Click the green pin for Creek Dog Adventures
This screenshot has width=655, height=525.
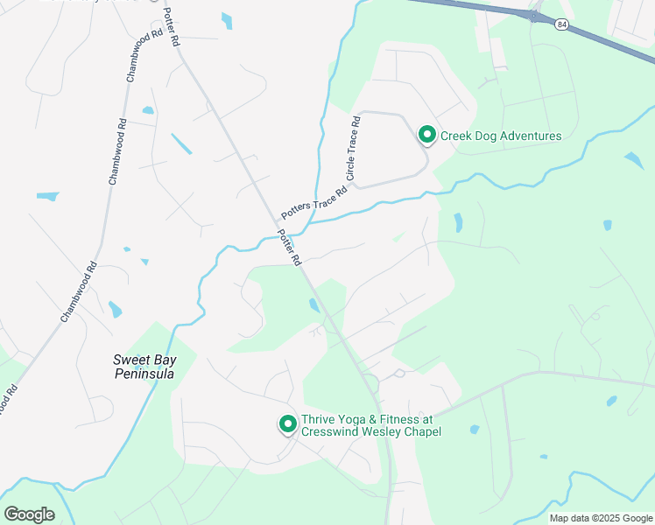[426, 135]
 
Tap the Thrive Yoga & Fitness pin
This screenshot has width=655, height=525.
[287, 424]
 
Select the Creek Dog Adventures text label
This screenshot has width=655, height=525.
[500, 136]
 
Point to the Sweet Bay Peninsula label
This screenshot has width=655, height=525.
[144, 367]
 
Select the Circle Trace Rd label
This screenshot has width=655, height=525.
[353, 149]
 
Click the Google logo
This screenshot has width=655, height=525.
[29, 514]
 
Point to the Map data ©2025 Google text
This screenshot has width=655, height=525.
[600, 518]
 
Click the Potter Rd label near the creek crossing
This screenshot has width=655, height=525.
[290, 248]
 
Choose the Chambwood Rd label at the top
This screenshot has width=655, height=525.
[145, 54]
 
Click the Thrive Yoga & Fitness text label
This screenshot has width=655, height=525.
[370, 425]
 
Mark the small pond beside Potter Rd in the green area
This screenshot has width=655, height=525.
[314, 304]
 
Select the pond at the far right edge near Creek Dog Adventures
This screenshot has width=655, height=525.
[633, 160]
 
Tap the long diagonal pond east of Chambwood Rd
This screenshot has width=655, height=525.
[181, 143]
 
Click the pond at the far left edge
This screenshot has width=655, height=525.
[47, 196]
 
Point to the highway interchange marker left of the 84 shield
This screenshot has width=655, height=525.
[532, 15]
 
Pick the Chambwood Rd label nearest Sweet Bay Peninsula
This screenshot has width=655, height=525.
[79, 291]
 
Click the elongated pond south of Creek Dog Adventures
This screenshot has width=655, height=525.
[458, 222]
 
